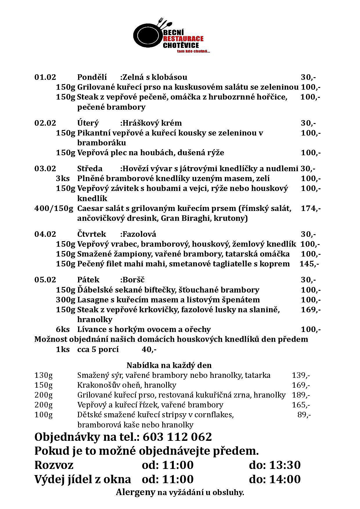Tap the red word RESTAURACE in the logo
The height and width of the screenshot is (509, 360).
(x=183, y=39)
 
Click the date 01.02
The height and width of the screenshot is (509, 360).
(x=45, y=77)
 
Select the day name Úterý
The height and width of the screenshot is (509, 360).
(x=88, y=123)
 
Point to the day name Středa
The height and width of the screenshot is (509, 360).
(x=90, y=169)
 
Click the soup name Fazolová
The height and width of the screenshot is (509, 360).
(x=139, y=234)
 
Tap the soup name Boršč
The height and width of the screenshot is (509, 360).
(x=133, y=280)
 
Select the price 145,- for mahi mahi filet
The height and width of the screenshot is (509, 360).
(x=309, y=264)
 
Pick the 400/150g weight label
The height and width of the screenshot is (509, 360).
(x=54, y=208)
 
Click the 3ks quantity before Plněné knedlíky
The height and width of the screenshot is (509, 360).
(x=63, y=178)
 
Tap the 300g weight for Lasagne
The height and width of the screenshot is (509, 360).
(x=66, y=300)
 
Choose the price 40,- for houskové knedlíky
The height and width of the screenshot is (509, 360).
(x=149, y=349)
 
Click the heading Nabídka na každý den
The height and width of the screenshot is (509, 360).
(x=169, y=365)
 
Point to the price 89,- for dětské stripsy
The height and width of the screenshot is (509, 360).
(x=304, y=415)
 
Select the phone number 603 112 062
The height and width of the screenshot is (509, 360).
(x=177, y=437)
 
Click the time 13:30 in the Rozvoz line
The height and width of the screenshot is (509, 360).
(x=285, y=465)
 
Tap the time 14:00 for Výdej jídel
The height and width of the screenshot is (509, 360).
(x=285, y=479)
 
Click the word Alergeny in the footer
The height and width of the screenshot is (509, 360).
(x=136, y=492)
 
